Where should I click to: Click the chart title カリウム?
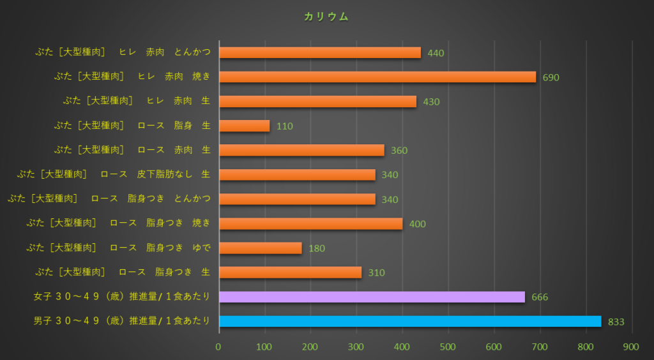point(326,17)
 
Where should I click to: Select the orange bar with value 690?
point(377,77)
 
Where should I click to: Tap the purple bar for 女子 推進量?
point(372,297)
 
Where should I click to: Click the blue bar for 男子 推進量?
point(410,321)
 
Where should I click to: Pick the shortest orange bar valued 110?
point(245,126)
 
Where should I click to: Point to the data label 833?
point(616,322)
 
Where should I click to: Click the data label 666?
point(540,297)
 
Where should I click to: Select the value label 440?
point(436,53)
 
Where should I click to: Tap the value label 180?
point(317,248)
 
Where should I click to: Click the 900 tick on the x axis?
point(631,347)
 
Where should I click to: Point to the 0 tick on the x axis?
point(218,347)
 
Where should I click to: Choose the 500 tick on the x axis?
point(448,347)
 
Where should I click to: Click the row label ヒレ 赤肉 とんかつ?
point(123,52)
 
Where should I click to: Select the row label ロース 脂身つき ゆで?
point(118,248)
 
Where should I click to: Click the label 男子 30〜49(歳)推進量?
point(122,321)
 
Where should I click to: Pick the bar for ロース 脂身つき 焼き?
point(310,223)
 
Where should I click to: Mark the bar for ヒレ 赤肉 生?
point(317,101)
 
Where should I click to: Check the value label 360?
point(399,151)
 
